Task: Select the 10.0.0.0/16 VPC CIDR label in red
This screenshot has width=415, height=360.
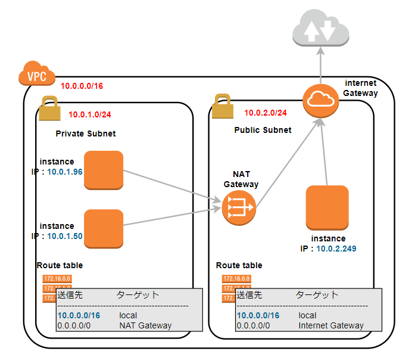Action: click(x=82, y=86)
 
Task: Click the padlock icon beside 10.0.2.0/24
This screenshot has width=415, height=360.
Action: click(x=221, y=107)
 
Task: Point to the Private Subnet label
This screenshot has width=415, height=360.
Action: click(x=85, y=134)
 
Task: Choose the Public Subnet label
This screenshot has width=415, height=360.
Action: click(x=263, y=130)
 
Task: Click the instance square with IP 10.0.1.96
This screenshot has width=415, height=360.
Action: click(x=104, y=170)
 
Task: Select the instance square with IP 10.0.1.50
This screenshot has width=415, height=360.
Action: click(x=104, y=229)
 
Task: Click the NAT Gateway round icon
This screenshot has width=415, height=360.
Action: click(x=238, y=209)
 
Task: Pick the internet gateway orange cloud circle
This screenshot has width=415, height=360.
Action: click(x=320, y=101)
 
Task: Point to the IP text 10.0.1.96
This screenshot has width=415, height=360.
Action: click(x=65, y=172)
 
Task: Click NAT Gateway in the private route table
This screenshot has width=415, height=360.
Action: click(x=145, y=325)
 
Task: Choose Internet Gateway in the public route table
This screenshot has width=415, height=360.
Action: click(x=330, y=325)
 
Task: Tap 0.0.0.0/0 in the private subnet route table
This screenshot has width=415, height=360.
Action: click(x=74, y=325)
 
